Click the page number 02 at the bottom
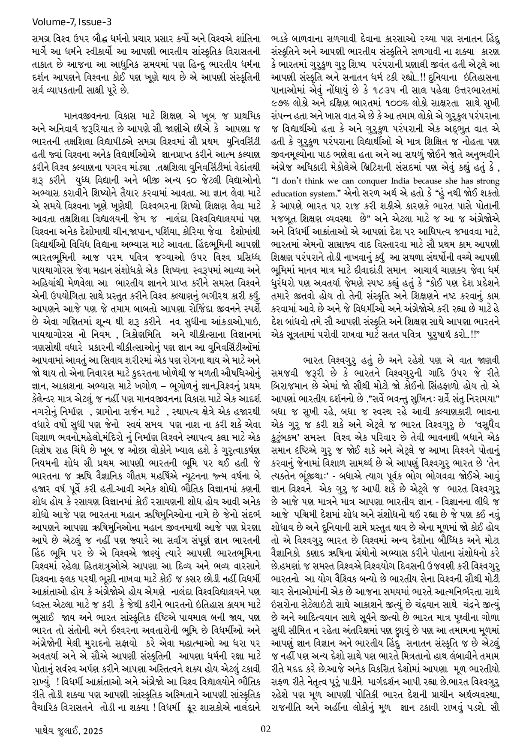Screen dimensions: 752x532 point(266,728)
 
